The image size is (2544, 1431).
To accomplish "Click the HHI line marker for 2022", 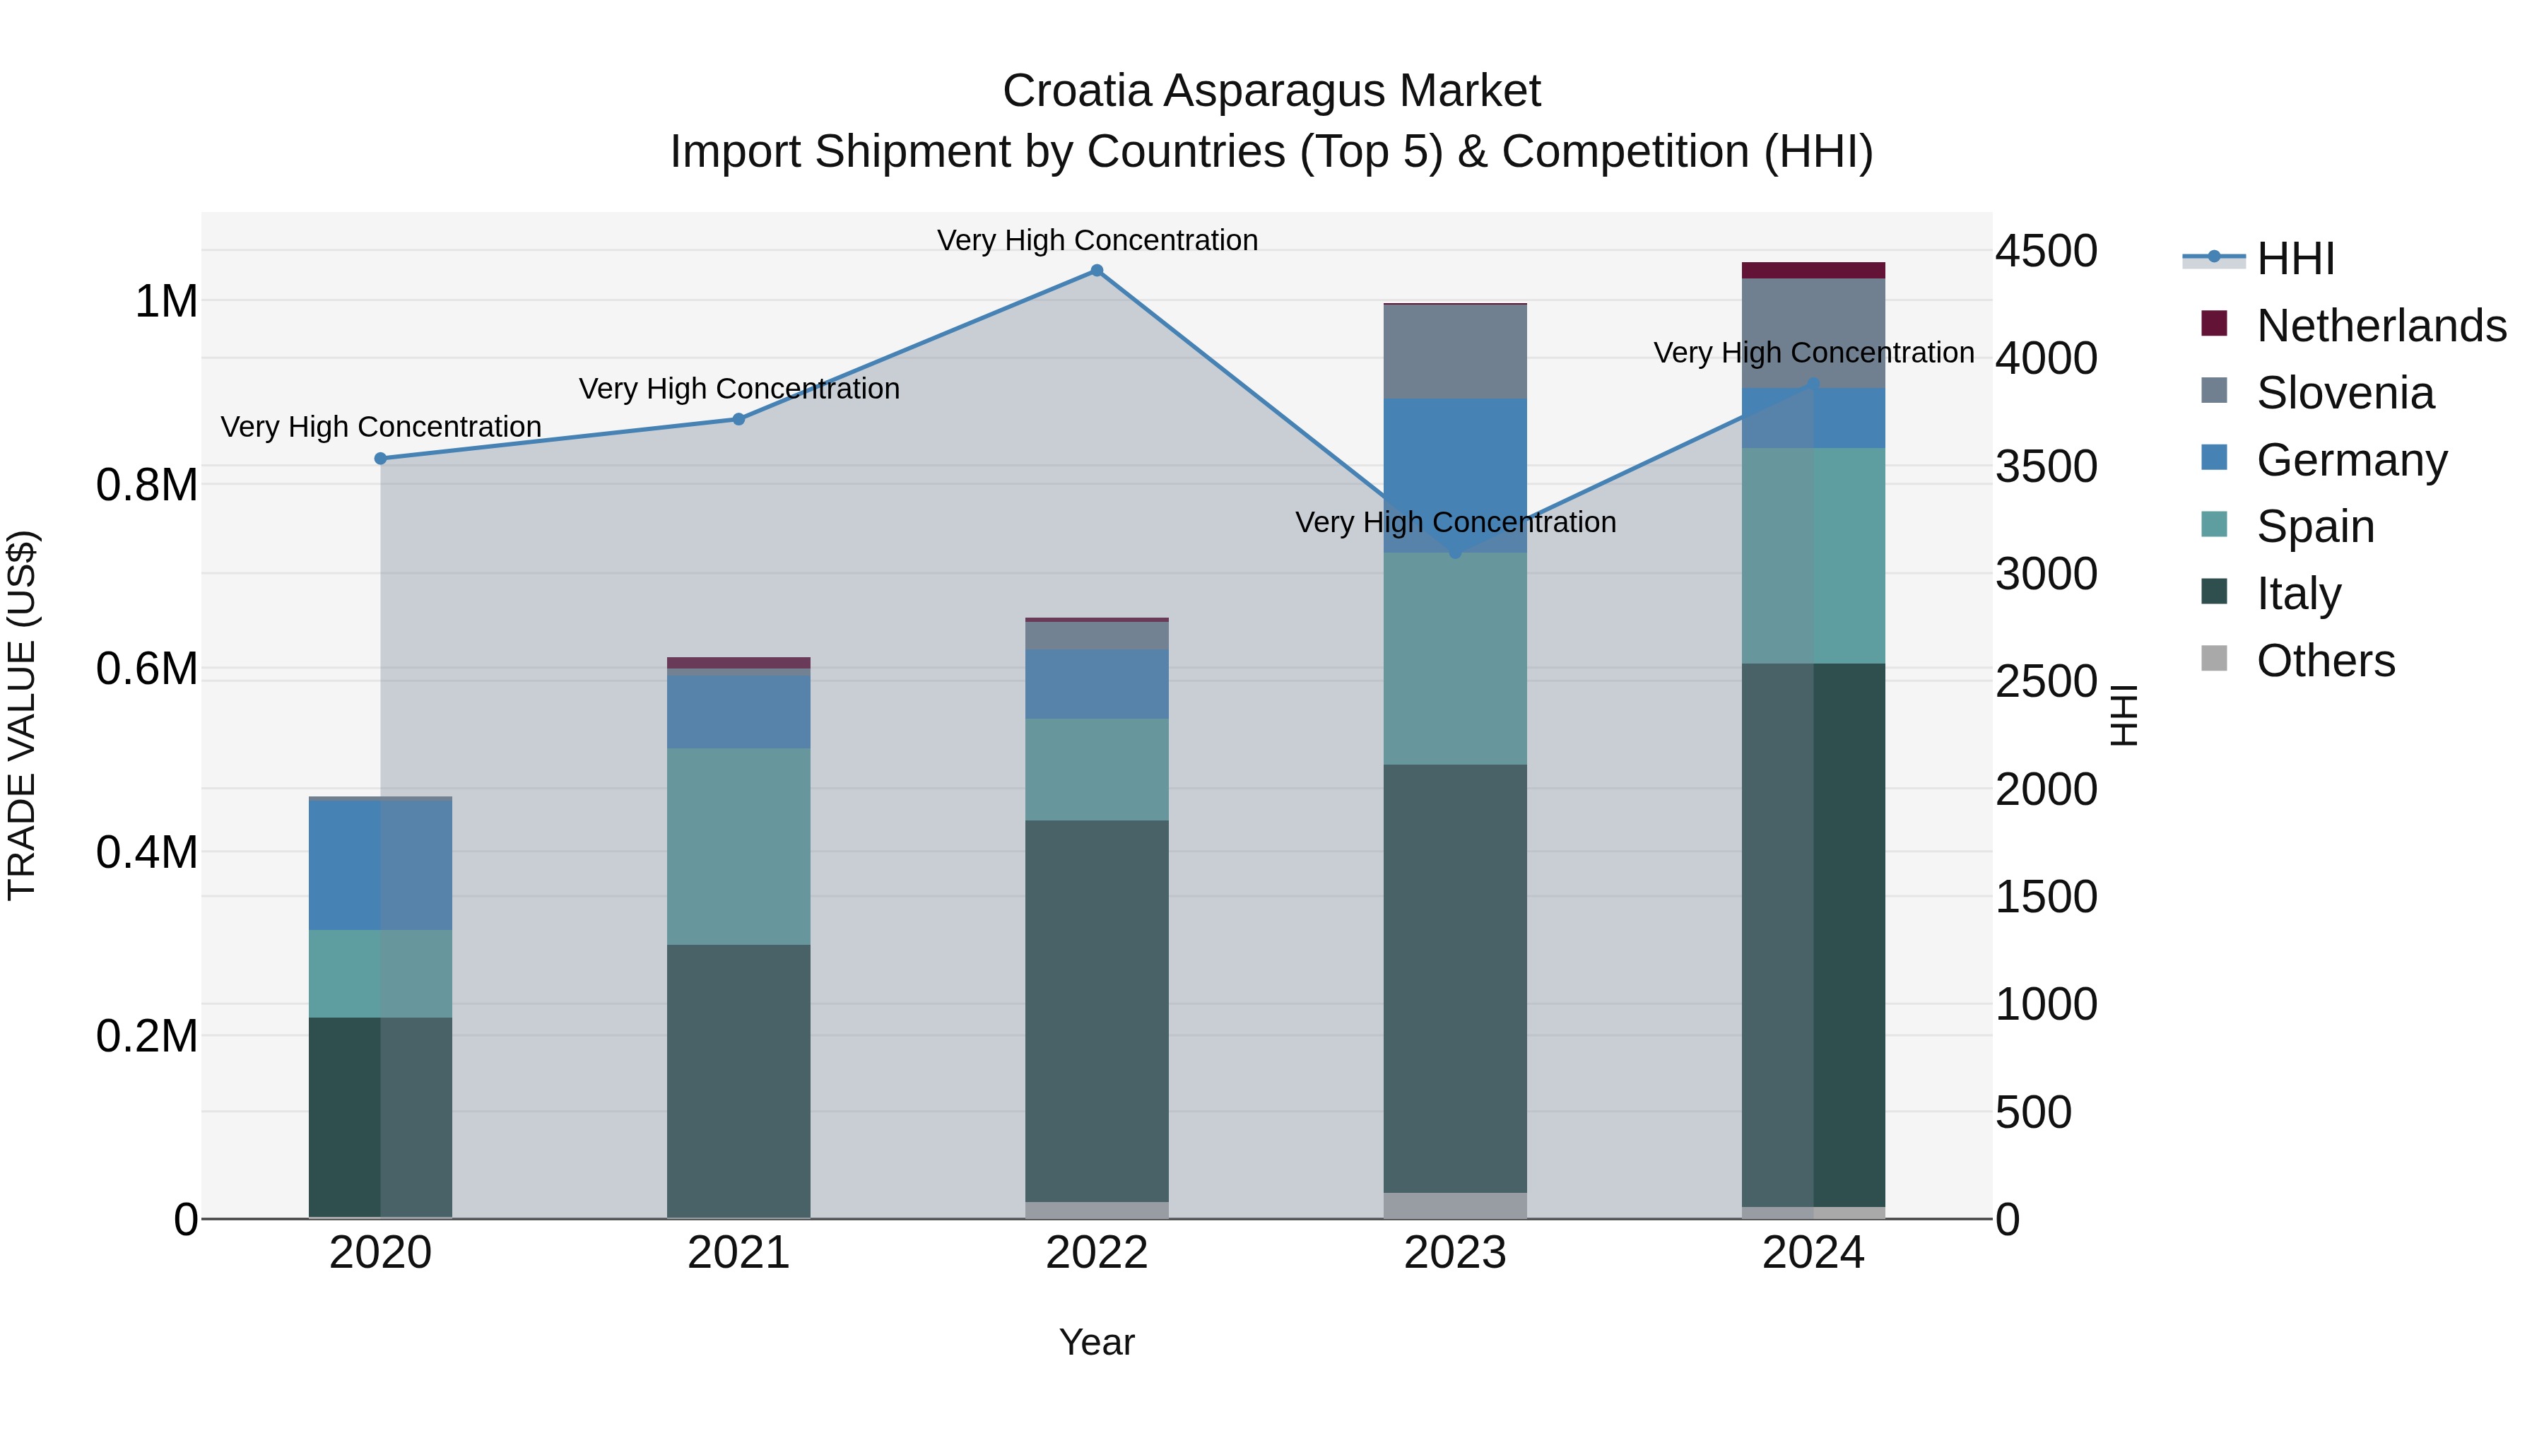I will (x=1096, y=271).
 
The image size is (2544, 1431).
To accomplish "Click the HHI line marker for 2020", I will (x=380, y=458).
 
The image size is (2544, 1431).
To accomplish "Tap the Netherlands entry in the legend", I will (x=2380, y=326).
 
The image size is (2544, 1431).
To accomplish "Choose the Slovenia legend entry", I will (x=2345, y=393).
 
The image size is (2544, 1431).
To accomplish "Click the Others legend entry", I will (x=2325, y=661).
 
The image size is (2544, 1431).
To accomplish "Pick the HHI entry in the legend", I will (x=2295, y=259).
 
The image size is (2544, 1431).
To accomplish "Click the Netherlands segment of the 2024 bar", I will (x=1813, y=271).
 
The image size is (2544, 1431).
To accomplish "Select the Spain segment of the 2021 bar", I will (x=738, y=847).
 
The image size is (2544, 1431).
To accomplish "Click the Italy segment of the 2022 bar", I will (x=1096, y=1011).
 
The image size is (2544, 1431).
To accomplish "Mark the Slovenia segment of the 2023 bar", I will (x=1455, y=352).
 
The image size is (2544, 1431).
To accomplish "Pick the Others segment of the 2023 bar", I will (x=1455, y=1206).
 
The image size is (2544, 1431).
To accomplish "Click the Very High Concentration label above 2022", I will (x=1096, y=240).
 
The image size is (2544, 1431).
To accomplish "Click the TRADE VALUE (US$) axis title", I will (x=22, y=715).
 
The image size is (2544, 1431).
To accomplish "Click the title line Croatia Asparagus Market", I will (x=1271, y=91).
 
